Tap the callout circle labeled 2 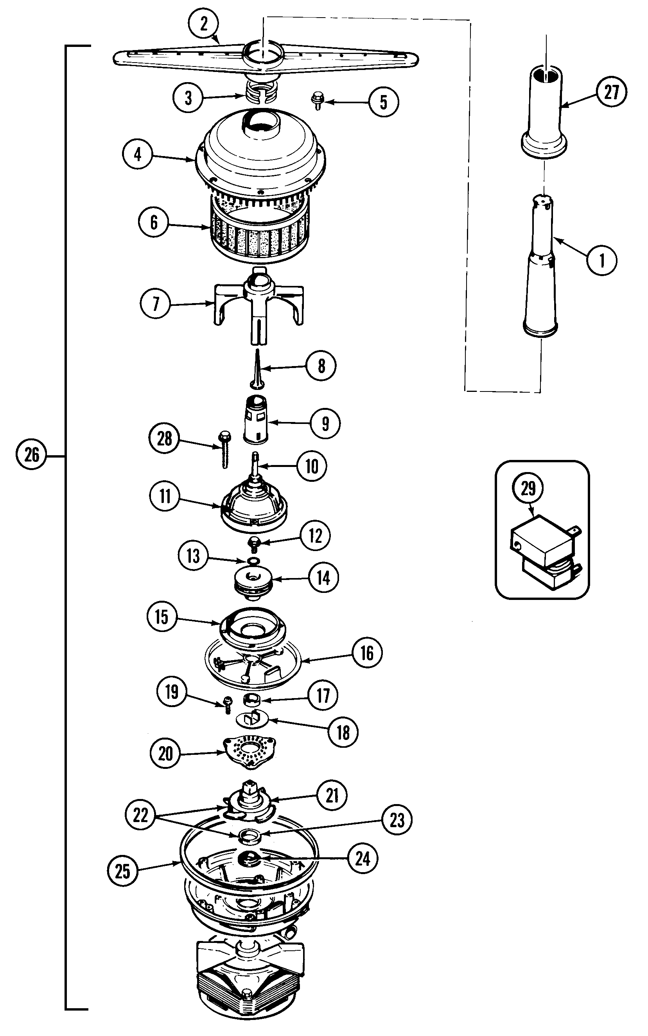click(x=204, y=23)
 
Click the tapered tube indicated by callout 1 click(x=541, y=274)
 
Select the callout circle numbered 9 click(x=325, y=424)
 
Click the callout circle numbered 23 click(x=397, y=820)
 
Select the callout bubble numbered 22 click(x=140, y=815)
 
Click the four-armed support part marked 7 click(x=259, y=304)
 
